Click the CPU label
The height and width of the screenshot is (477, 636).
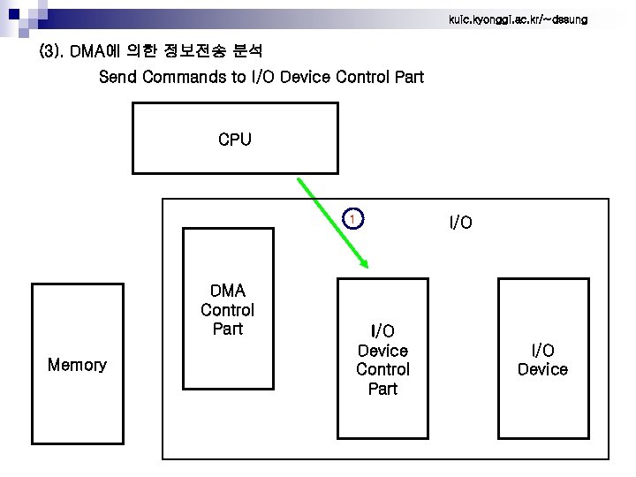pos(234,140)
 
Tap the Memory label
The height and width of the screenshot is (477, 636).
pos(77,365)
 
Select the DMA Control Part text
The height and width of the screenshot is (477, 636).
pos(227,310)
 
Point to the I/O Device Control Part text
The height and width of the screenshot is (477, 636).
pos(382,360)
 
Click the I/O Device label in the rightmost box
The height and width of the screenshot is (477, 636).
pos(542,360)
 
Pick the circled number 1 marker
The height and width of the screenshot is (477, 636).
pos(352,218)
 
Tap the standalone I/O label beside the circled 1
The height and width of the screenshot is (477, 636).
pos(460,223)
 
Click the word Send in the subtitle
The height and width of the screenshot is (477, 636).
pos(118,77)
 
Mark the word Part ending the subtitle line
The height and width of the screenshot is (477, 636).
pos(409,77)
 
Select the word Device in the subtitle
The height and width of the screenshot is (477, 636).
pos(306,77)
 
